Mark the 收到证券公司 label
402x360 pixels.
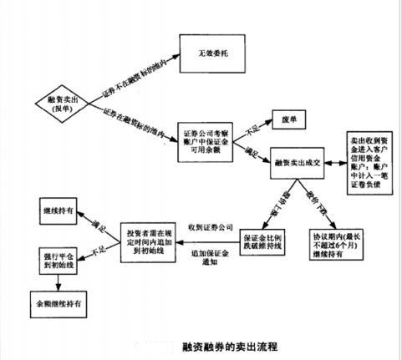point(207,226)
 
